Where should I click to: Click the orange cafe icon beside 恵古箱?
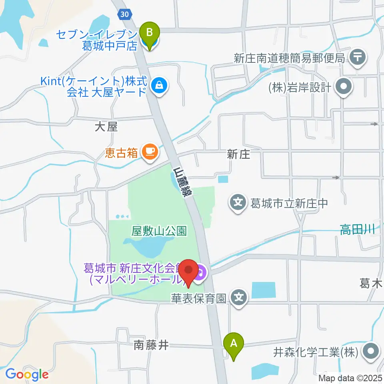(150, 152)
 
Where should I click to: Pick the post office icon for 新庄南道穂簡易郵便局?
(357, 58)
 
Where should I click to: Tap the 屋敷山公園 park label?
(159, 231)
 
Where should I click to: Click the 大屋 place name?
(106, 127)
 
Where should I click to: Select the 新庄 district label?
(238, 154)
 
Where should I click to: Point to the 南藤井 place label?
(151, 345)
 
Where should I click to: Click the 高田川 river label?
(357, 229)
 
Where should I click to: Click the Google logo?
(27, 374)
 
